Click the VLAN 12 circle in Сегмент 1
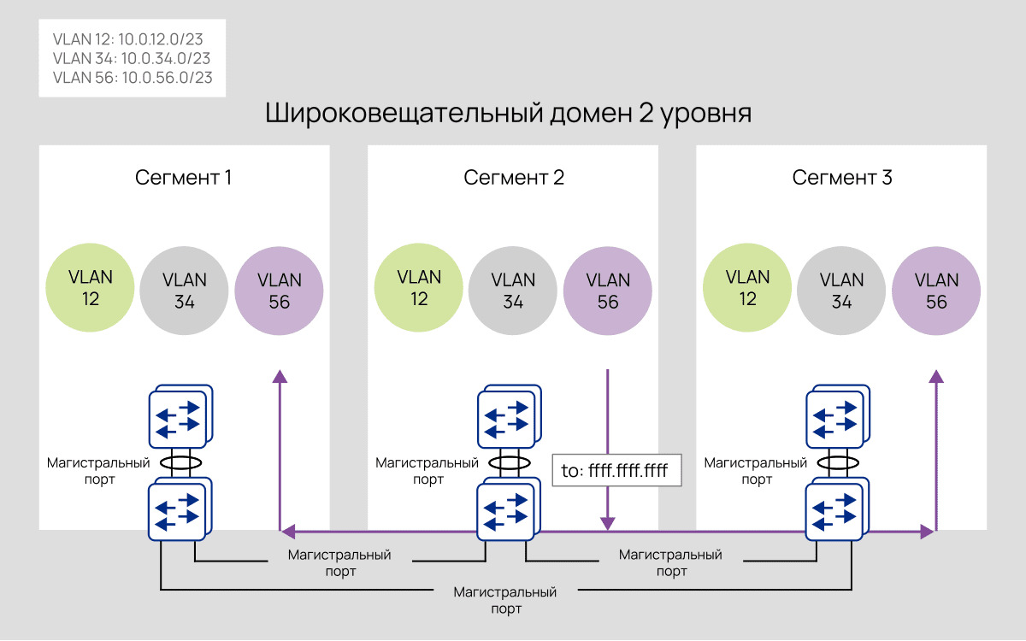[x=91, y=287]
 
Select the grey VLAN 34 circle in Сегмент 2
[x=513, y=291]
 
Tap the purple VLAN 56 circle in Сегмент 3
[x=936, y=291]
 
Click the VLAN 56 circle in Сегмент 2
[x=608, y=291]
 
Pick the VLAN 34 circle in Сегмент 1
[x=185, y=291]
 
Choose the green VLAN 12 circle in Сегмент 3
[x=747, y=287]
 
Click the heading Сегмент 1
[x=184, y=178]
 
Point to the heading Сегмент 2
[x=514, y=178]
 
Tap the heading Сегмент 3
[x=842, y=178]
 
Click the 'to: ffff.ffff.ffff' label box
[x=616, y=470]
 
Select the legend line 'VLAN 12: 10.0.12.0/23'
[x=127, y=39]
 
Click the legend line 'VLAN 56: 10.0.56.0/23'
[x=133, y=78]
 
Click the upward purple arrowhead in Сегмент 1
[x=280, y=376]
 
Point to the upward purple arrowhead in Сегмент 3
[x=936, y=376]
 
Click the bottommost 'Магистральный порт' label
[x=505, y=601]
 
